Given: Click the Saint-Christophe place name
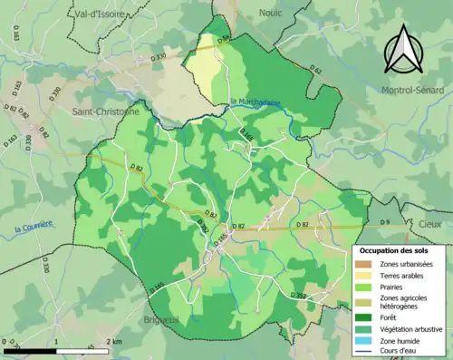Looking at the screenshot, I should click(105, 112).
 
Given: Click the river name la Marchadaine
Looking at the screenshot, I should click(256, 102).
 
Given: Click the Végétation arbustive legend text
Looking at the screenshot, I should click(413, 329).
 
